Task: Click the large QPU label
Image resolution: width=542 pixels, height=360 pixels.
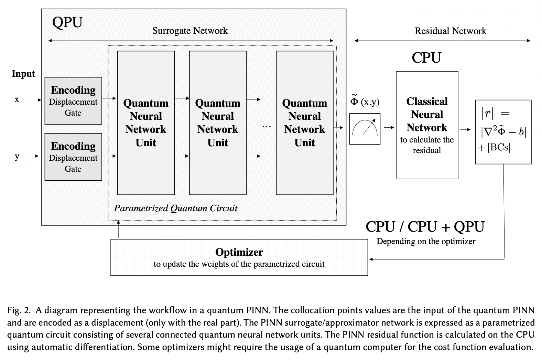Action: (x=67, y=22)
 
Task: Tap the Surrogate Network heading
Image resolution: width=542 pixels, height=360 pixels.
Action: (x=190, y=31)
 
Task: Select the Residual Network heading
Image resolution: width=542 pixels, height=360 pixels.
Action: (x=450, y=31)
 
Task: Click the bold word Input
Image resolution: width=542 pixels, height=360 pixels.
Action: (x=23, y=74)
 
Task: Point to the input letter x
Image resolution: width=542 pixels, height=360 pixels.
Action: (x=17, y=100)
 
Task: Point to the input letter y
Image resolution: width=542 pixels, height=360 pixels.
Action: (x=17, y=156)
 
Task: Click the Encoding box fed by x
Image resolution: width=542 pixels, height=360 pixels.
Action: (x=73, y=100)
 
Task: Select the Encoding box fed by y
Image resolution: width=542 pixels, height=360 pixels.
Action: (x=73, y=157)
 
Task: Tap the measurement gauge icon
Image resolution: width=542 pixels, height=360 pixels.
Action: (x=365, y=129)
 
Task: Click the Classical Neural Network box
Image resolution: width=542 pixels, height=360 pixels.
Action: (x=427, y=125)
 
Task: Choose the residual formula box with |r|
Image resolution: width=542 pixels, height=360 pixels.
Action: (x=503, y=131)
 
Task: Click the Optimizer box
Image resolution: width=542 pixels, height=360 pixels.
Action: (x=239, y=257)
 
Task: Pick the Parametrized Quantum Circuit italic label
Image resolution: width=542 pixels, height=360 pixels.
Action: (x=176, y=208)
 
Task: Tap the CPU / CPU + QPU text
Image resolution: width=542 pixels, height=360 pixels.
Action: (x=425, y=227)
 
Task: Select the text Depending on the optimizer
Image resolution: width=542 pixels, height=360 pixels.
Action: (x=426, y=241)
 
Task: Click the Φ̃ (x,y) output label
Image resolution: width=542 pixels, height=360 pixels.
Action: (x=365, y=101)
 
